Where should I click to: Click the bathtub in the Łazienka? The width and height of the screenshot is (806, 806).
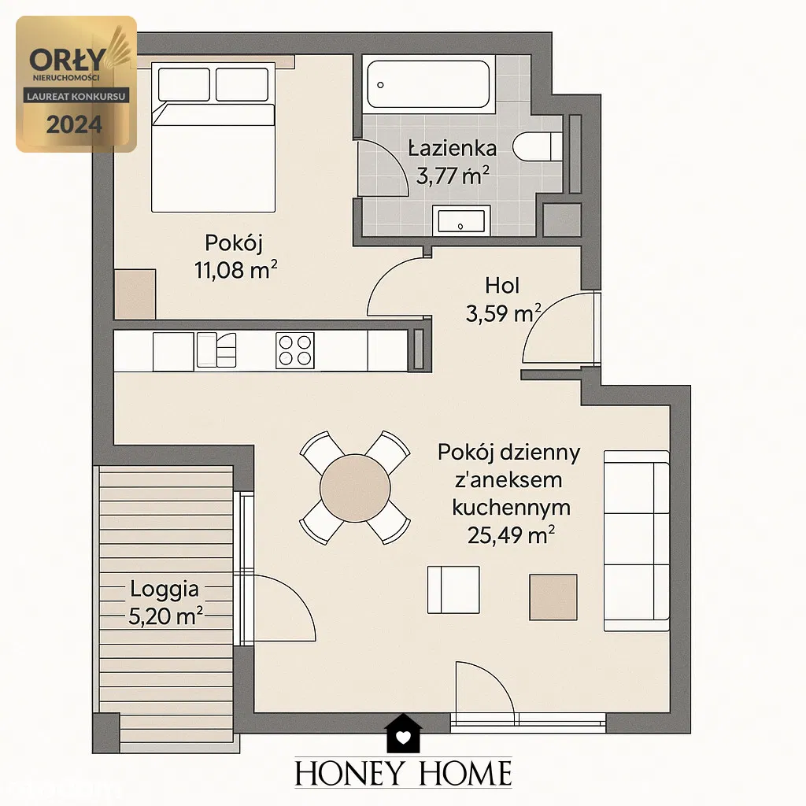[x=429, y=84]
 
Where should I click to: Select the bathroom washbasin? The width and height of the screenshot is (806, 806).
[x=460, y=221]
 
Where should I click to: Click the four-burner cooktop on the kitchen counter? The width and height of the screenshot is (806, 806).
[x=295, y=350]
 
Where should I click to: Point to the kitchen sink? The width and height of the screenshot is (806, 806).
[x=216, y=350]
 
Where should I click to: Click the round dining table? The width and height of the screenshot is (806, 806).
[x=355, y=488]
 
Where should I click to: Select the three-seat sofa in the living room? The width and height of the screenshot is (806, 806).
[x=637, y=541]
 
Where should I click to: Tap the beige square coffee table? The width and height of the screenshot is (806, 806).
[x=553, y=597]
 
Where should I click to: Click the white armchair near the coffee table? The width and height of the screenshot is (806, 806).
[x=453, y=590]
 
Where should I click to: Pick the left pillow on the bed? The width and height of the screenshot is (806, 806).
[x=184, y=84]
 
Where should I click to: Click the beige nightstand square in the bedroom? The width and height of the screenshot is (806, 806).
[x=135, y=294]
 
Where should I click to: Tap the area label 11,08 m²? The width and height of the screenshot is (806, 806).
[x=236, y=270]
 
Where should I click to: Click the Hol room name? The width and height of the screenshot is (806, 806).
[x=502, y=286]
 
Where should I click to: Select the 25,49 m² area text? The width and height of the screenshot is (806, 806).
[x=511, y=535]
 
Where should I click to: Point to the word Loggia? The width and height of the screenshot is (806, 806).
[x=165, y=589]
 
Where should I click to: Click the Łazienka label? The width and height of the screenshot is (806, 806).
[x=453, y=149]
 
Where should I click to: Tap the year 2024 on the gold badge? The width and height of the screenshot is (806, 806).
[x=75, y=124]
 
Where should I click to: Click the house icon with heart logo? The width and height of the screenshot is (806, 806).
[x=404, y=734]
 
